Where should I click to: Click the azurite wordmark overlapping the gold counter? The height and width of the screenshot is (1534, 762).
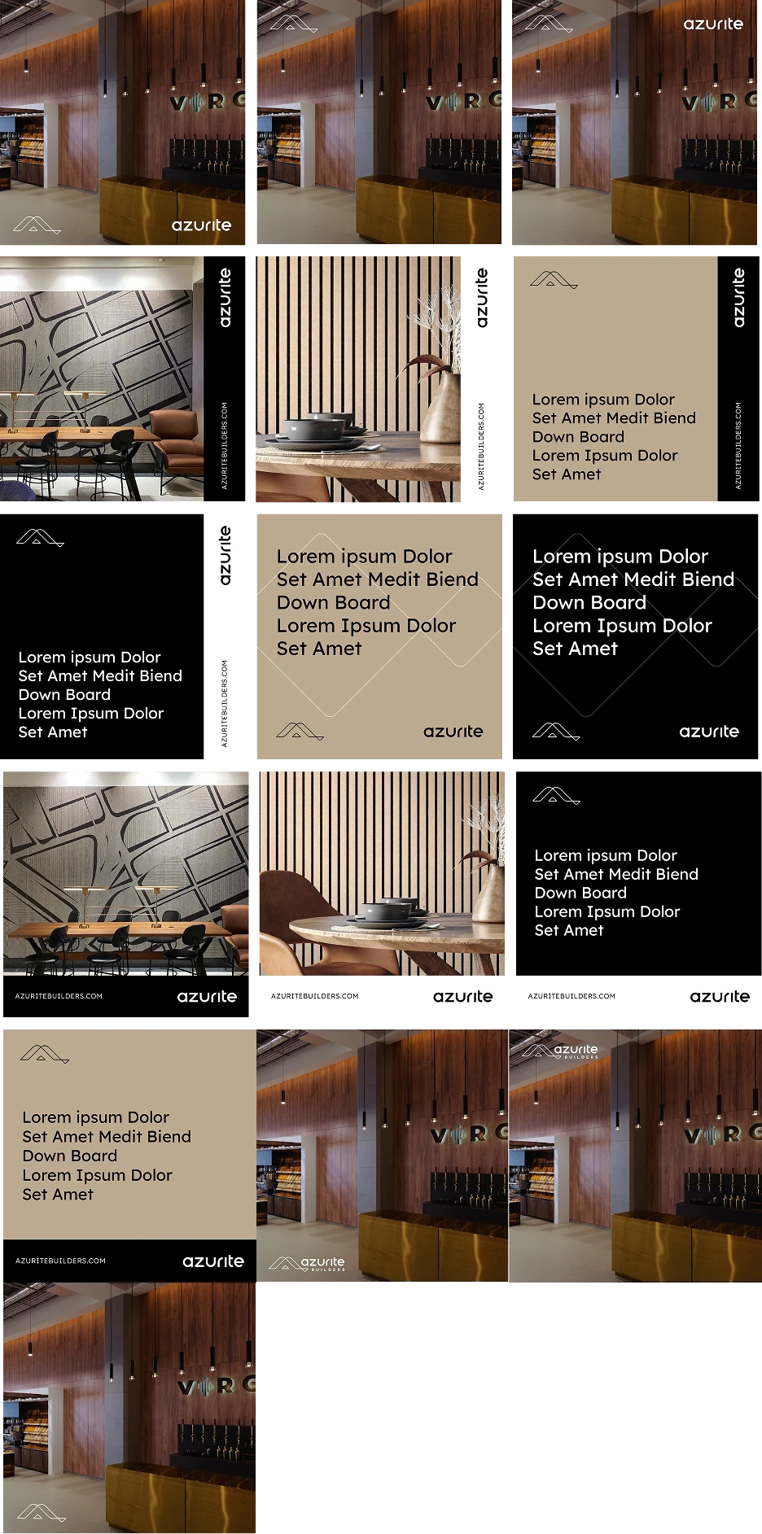point(201,225)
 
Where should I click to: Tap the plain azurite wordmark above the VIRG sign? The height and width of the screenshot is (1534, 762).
point(713,24)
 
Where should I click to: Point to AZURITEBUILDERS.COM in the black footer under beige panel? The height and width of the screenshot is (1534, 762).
point(60,1261)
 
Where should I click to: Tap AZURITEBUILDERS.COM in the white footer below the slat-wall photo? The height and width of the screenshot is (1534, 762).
point(314,996)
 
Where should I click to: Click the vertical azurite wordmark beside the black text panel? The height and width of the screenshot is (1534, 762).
point(226,555)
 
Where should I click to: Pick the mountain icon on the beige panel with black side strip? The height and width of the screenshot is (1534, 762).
point(553,281)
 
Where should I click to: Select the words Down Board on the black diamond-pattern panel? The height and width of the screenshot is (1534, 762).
point(589,602)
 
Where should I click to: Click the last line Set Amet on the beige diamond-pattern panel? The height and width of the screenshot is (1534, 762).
point(319,649)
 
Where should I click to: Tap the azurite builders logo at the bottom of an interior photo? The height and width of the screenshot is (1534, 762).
point(308,1264)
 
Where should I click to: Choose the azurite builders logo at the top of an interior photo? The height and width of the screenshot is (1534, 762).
point(561,1051)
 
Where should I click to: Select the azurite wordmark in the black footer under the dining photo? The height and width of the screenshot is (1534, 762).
point(207,996)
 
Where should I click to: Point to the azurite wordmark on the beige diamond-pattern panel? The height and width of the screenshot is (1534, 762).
point(453,732)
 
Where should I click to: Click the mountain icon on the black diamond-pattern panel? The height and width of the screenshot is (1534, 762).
point(555,732)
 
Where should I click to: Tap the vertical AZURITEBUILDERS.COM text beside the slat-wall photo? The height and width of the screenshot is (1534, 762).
point(481,446)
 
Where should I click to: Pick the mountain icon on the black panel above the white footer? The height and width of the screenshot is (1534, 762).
point(555,794)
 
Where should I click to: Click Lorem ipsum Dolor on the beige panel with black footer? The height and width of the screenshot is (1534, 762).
point(96,1117)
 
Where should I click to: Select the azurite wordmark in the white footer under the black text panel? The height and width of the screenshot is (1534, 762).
point(720,996)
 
